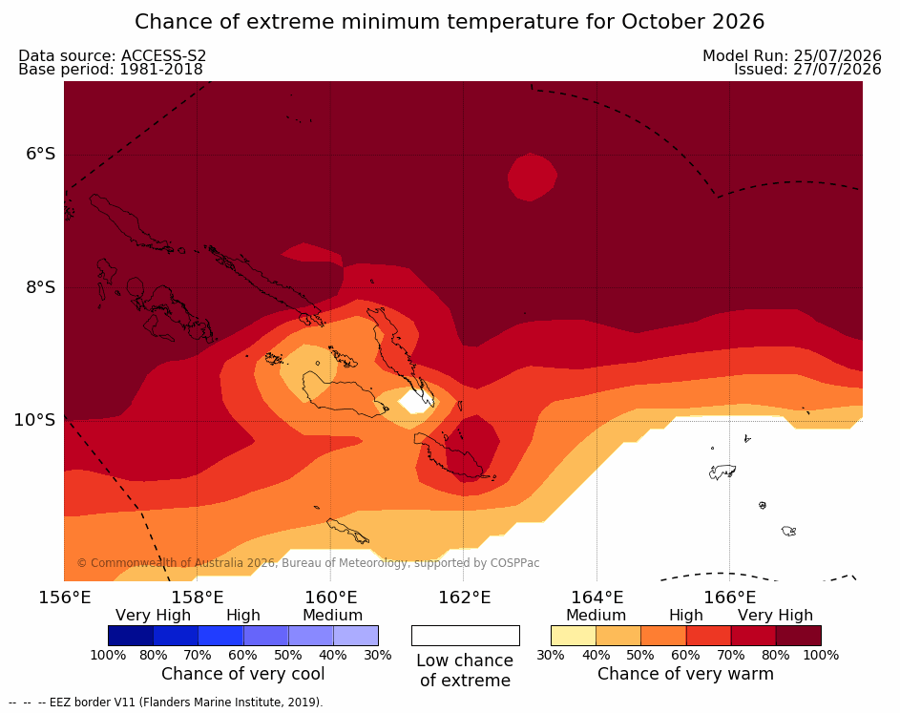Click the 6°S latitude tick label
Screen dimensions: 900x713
[41, 154]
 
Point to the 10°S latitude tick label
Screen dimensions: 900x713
[35, 420]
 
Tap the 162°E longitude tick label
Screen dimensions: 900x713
[465, 598]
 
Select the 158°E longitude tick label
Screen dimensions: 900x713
[198, 598]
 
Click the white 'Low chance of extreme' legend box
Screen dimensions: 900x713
[466, 636]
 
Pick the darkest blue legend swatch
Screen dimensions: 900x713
[131, 636]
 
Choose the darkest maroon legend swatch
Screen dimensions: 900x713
[799, 636]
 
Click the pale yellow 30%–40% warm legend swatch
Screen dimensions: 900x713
[574, 636]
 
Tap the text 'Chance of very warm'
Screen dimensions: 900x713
[685, 674]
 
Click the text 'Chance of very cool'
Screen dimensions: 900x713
[242, 674]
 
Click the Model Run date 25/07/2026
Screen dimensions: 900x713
[837, 55]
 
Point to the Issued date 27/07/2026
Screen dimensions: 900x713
[837, 70]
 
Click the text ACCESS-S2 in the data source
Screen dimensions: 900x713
[163, 55]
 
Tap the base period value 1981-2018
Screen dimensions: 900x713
[161, 70]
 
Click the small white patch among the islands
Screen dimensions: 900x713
[417, 401]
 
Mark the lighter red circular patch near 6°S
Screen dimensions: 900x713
[533, 177]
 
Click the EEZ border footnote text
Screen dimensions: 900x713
[166, 703]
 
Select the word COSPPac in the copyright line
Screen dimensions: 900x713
[514, 563]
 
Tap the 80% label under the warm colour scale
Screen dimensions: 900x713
[776, 655]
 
